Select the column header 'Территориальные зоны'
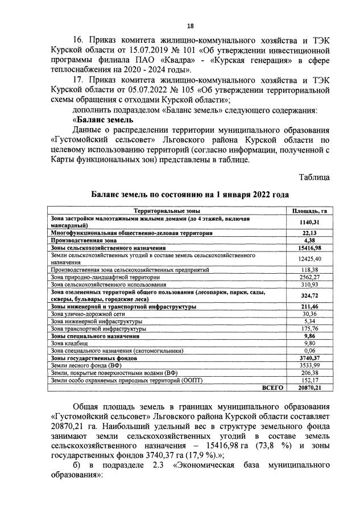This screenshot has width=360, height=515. [x=166, y=211]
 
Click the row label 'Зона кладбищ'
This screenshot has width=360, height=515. [x=69, y=344]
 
